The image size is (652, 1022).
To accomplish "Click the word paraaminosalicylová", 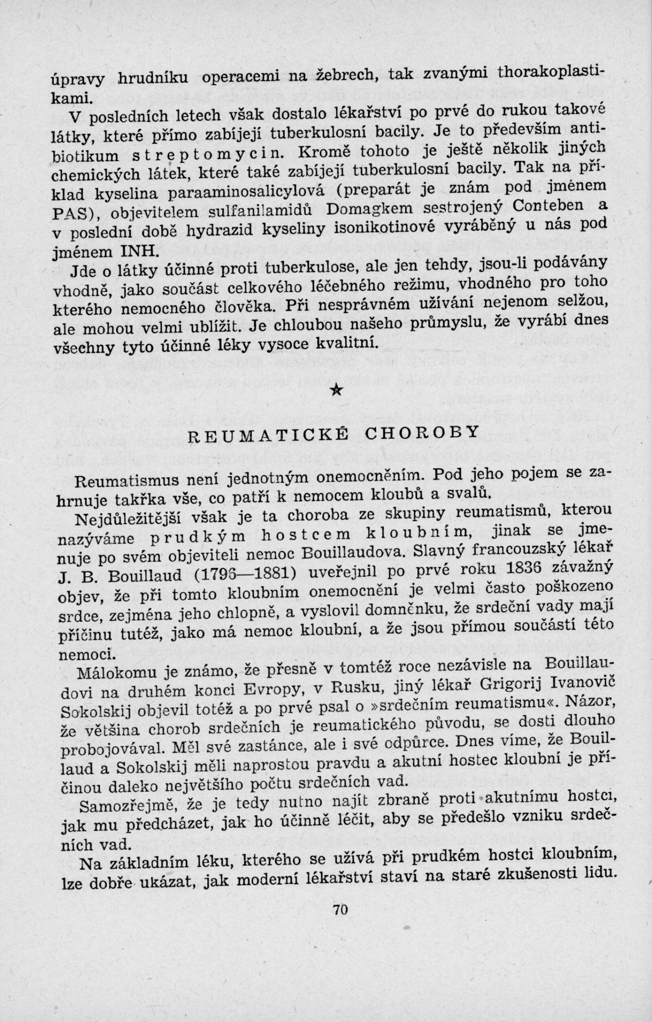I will tap(247, 191).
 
